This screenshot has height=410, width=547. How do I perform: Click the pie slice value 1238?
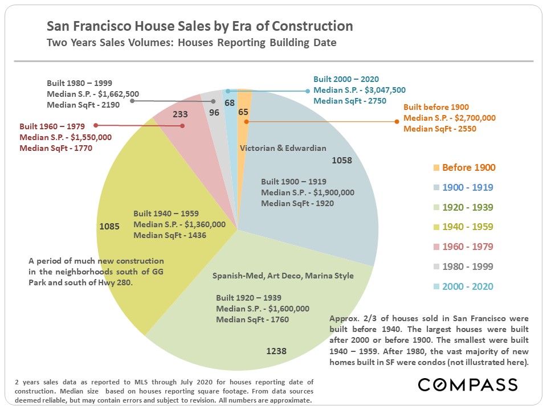(x=276, y=351)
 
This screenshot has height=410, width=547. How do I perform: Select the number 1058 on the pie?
(x=342, y=160)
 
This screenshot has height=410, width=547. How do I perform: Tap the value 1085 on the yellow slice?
(x=109, y=226)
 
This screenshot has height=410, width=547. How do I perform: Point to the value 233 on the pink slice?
(x=180, y=114)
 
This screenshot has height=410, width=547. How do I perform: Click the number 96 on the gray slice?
(x=214, y=112)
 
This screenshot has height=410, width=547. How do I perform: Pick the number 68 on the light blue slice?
(x=230, y=102)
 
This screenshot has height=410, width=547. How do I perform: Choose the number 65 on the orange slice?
(x=243, y=112)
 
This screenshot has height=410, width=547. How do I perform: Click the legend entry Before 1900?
(x=468, y=167)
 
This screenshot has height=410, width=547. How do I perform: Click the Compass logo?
(x=468, y=384)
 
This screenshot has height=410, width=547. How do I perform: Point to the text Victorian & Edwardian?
(x=283, y=148)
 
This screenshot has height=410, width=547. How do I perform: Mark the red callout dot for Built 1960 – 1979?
(x=96, y=125)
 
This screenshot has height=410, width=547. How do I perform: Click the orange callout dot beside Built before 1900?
(x=397, y=121)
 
